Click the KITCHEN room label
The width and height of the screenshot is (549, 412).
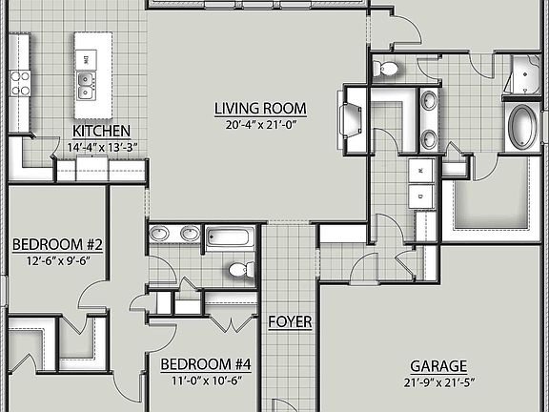(101, 132)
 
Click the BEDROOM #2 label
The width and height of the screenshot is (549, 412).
(57, 244)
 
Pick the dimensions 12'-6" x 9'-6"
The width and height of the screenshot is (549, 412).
(57, 260)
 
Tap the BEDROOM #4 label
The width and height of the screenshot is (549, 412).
(205, 363)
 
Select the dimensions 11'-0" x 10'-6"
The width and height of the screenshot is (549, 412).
(205, 380)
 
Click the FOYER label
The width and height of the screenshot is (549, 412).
(290, 322)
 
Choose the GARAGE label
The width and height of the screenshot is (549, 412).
(438, 366)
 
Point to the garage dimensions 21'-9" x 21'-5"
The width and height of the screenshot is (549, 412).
(438, 382)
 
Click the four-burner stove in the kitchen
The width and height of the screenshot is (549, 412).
(21, 83)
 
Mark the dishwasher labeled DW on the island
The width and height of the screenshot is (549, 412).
(87, 59)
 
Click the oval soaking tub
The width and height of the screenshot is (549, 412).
(522, 126)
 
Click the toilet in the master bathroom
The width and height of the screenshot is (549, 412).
(387, 68)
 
